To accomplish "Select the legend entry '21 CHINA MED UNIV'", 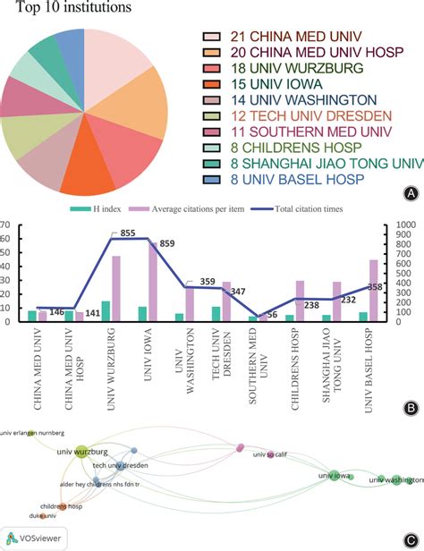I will pos(284,37).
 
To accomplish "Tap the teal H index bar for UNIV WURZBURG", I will pos(106,310).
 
